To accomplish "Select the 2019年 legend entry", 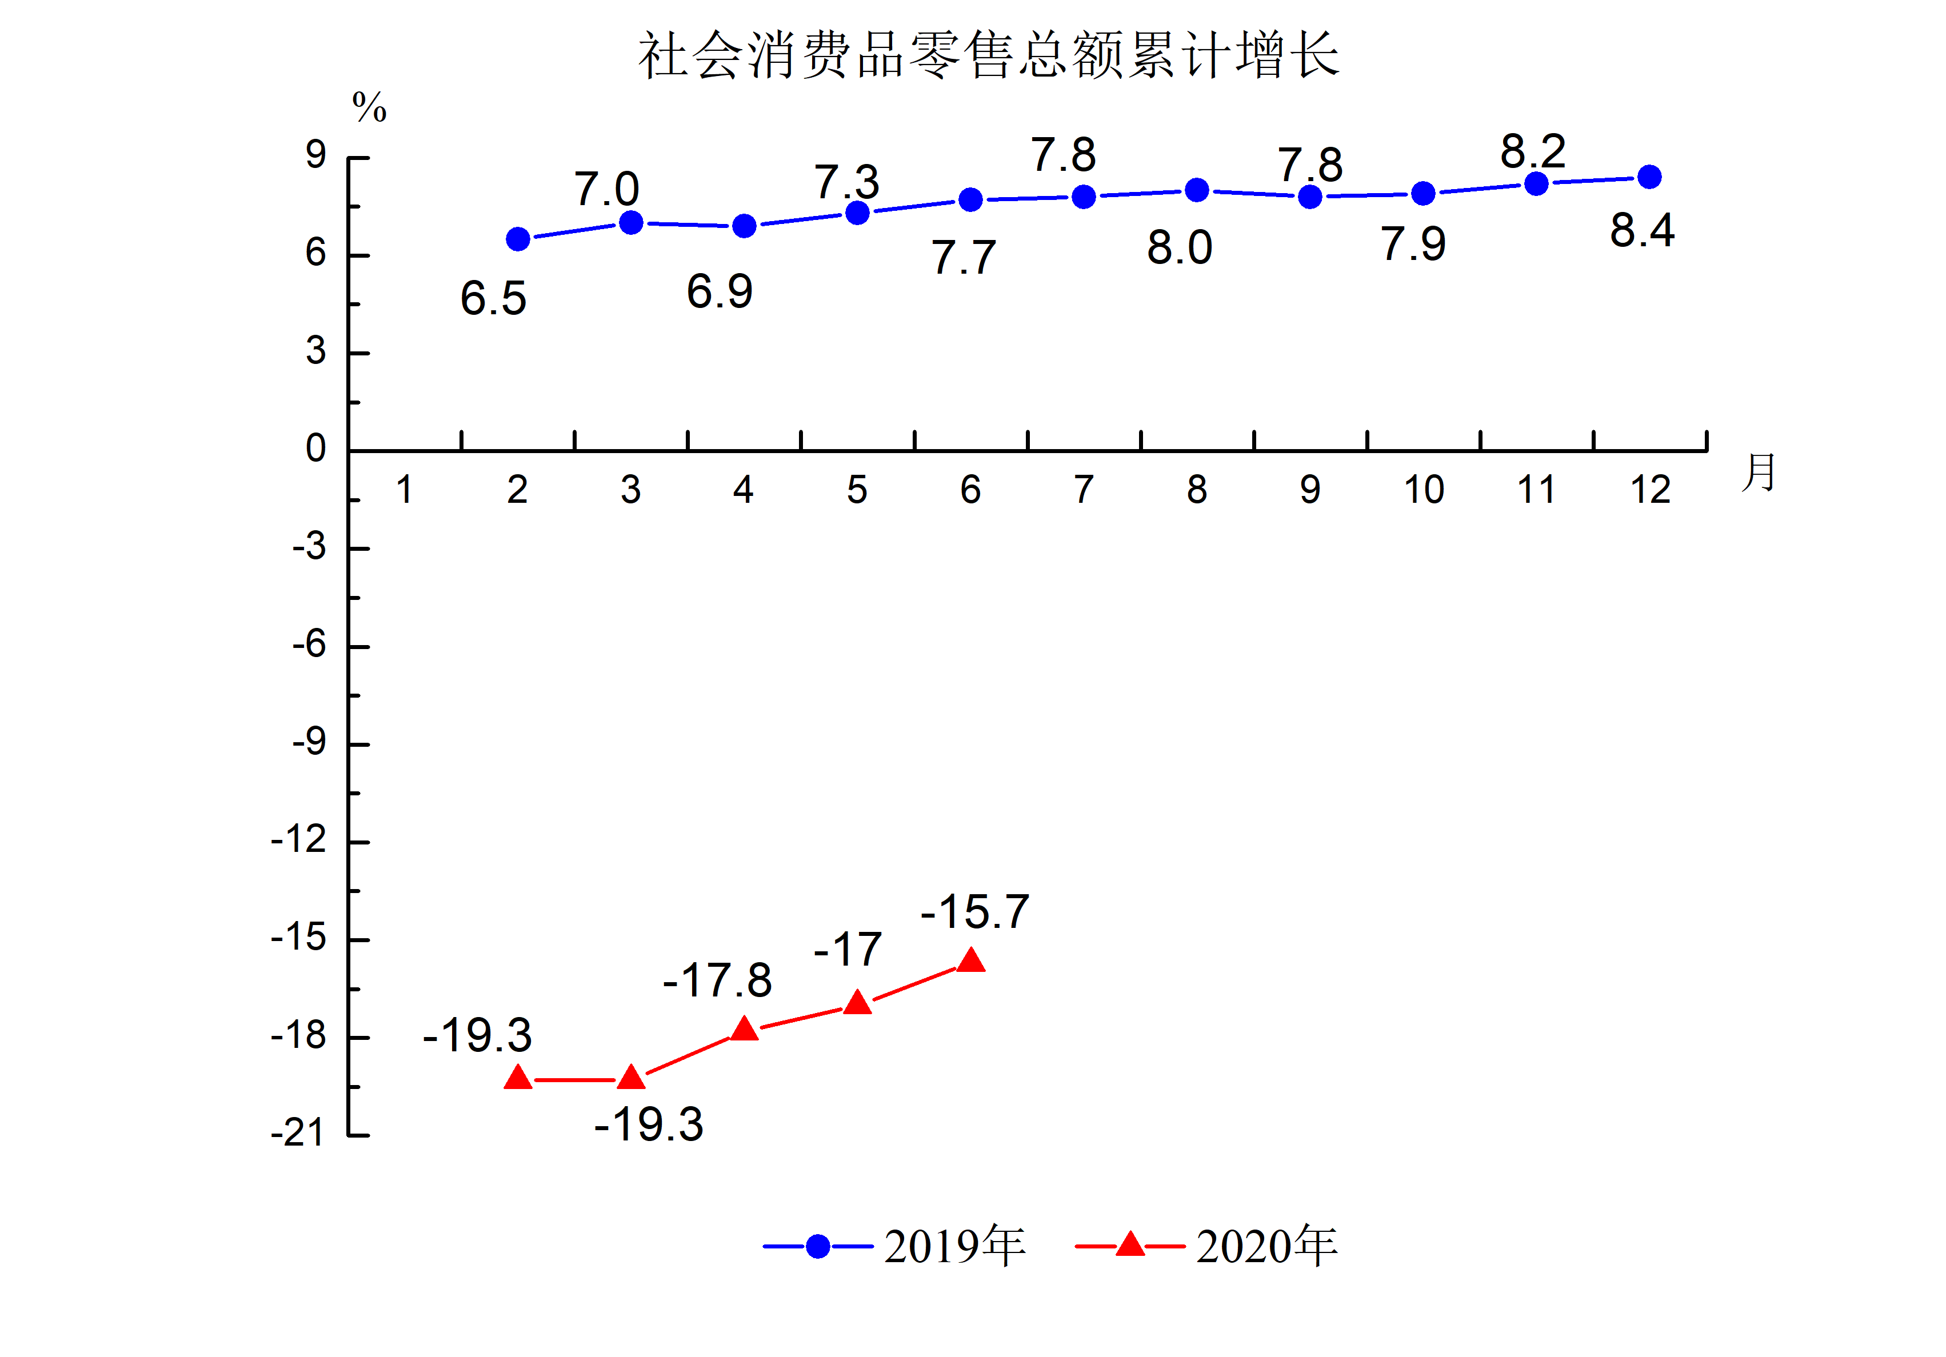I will point(895,1246).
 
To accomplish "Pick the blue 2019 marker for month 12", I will point(1649,177).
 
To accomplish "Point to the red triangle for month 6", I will point(970,961).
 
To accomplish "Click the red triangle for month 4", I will point(744,1030).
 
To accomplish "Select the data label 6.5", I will point(493,298).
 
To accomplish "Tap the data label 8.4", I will point(1642,230).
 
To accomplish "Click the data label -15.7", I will point(974,912).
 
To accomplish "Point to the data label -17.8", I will point(717,980).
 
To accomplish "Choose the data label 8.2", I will point(1532,152).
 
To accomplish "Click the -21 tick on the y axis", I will point(298,1133).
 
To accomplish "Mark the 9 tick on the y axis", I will point(316,155).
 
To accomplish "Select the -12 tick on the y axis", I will point(298,840).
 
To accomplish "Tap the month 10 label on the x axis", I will point(1424,490).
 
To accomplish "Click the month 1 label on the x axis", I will point(404,490).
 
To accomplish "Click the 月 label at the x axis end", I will point(1759,472).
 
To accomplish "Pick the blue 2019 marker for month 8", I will point(1197,190).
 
